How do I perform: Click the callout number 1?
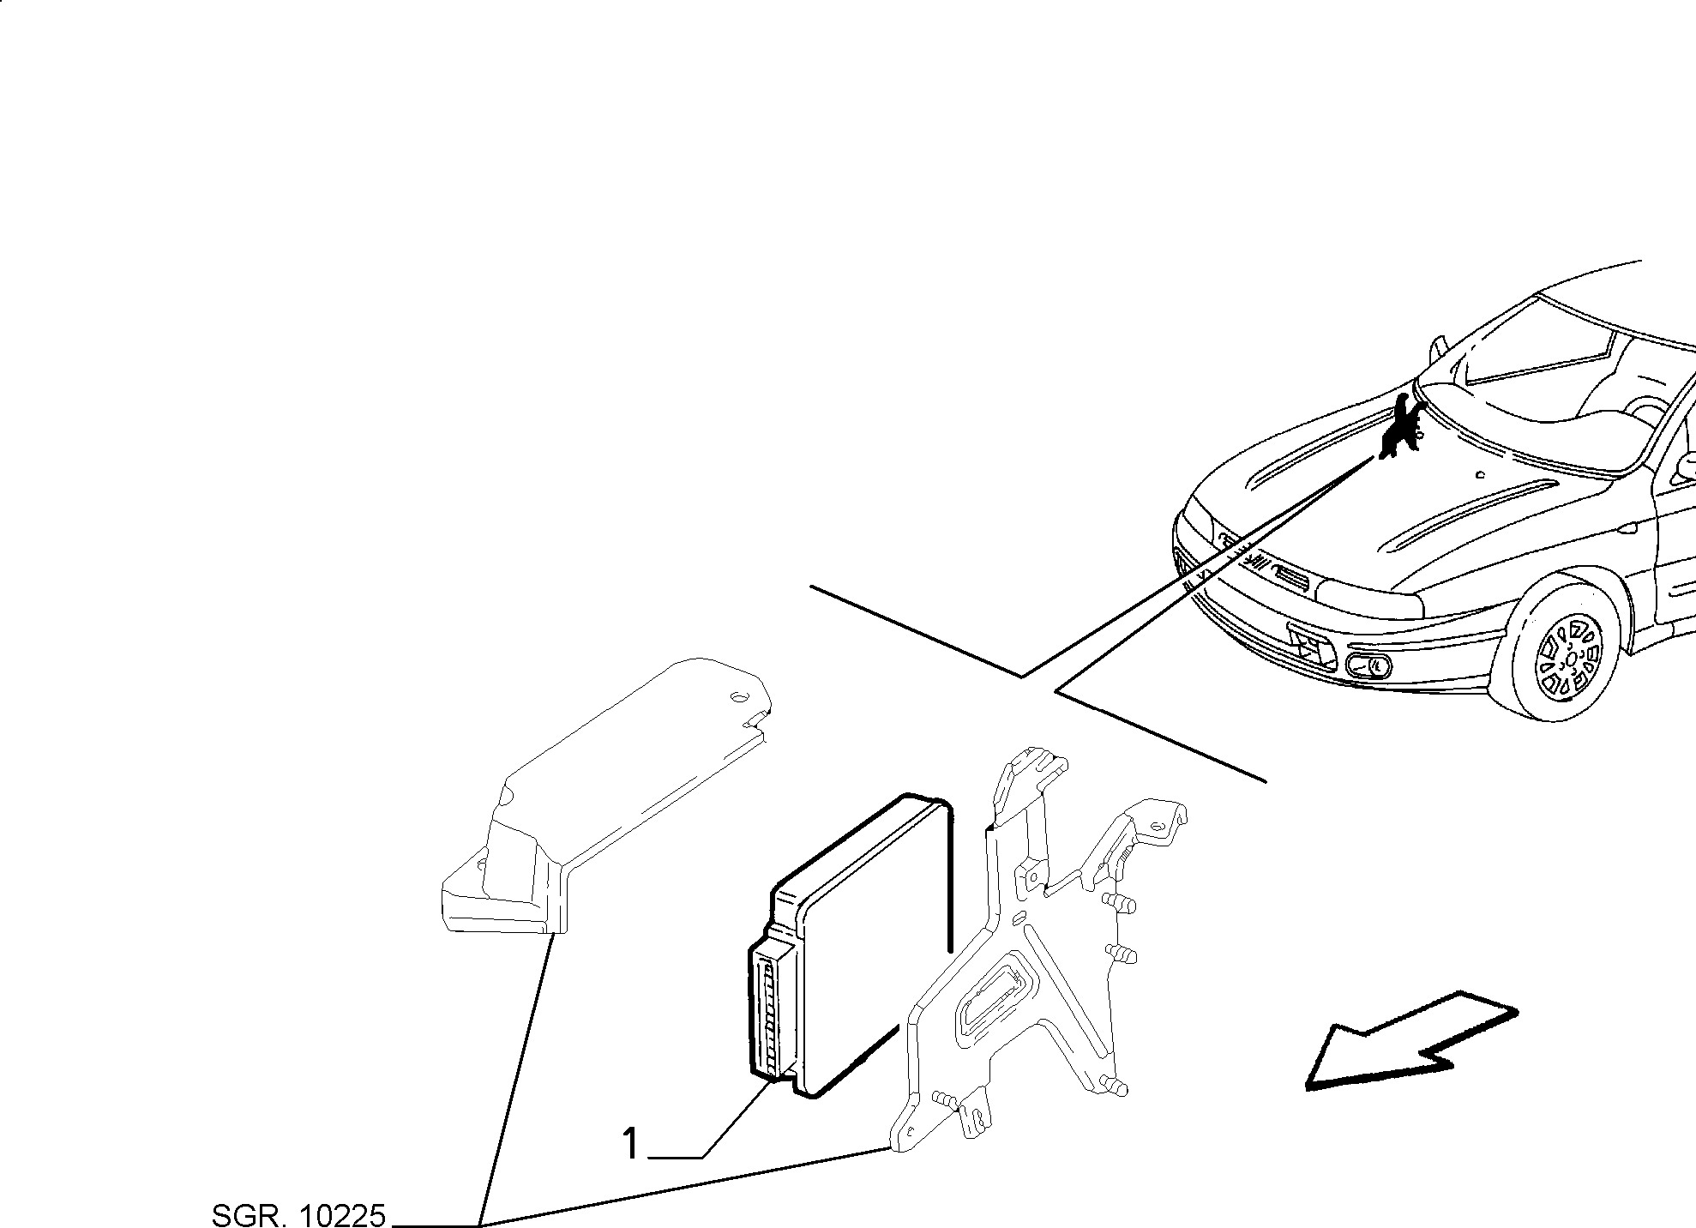click(x=631, y=1144)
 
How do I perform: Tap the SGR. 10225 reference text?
click(x=299, y=1215)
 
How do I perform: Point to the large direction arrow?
click(x=1411, y=1040)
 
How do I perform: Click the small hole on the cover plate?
click(x=735, y=696)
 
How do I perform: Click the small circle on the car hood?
click(x=1482, y=474)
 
